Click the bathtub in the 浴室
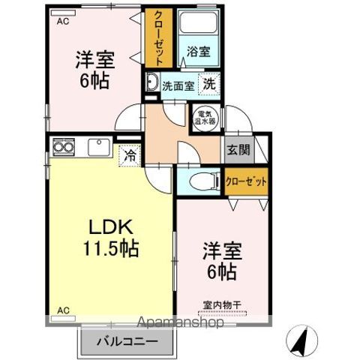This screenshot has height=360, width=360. [199, 22]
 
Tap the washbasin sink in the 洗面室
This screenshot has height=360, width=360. [152, 82]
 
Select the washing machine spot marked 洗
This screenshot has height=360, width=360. [209, 84]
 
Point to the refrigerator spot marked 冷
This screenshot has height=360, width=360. [130, 155]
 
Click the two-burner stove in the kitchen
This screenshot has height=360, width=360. [64, 147]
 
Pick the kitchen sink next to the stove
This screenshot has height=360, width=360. [99, 147]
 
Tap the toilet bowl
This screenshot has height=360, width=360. [204, 181]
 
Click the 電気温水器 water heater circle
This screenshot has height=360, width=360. [205, 118]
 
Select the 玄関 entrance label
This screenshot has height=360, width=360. [238, 150]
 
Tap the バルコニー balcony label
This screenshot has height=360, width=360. [127, 341]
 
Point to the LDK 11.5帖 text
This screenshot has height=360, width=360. [111, 238]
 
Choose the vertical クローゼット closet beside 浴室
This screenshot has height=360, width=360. [159, 38]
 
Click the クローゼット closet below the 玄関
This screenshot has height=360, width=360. [246, 181]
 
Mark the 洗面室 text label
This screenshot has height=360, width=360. [178, 86]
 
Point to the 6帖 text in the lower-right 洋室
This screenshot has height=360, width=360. [222, 271]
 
